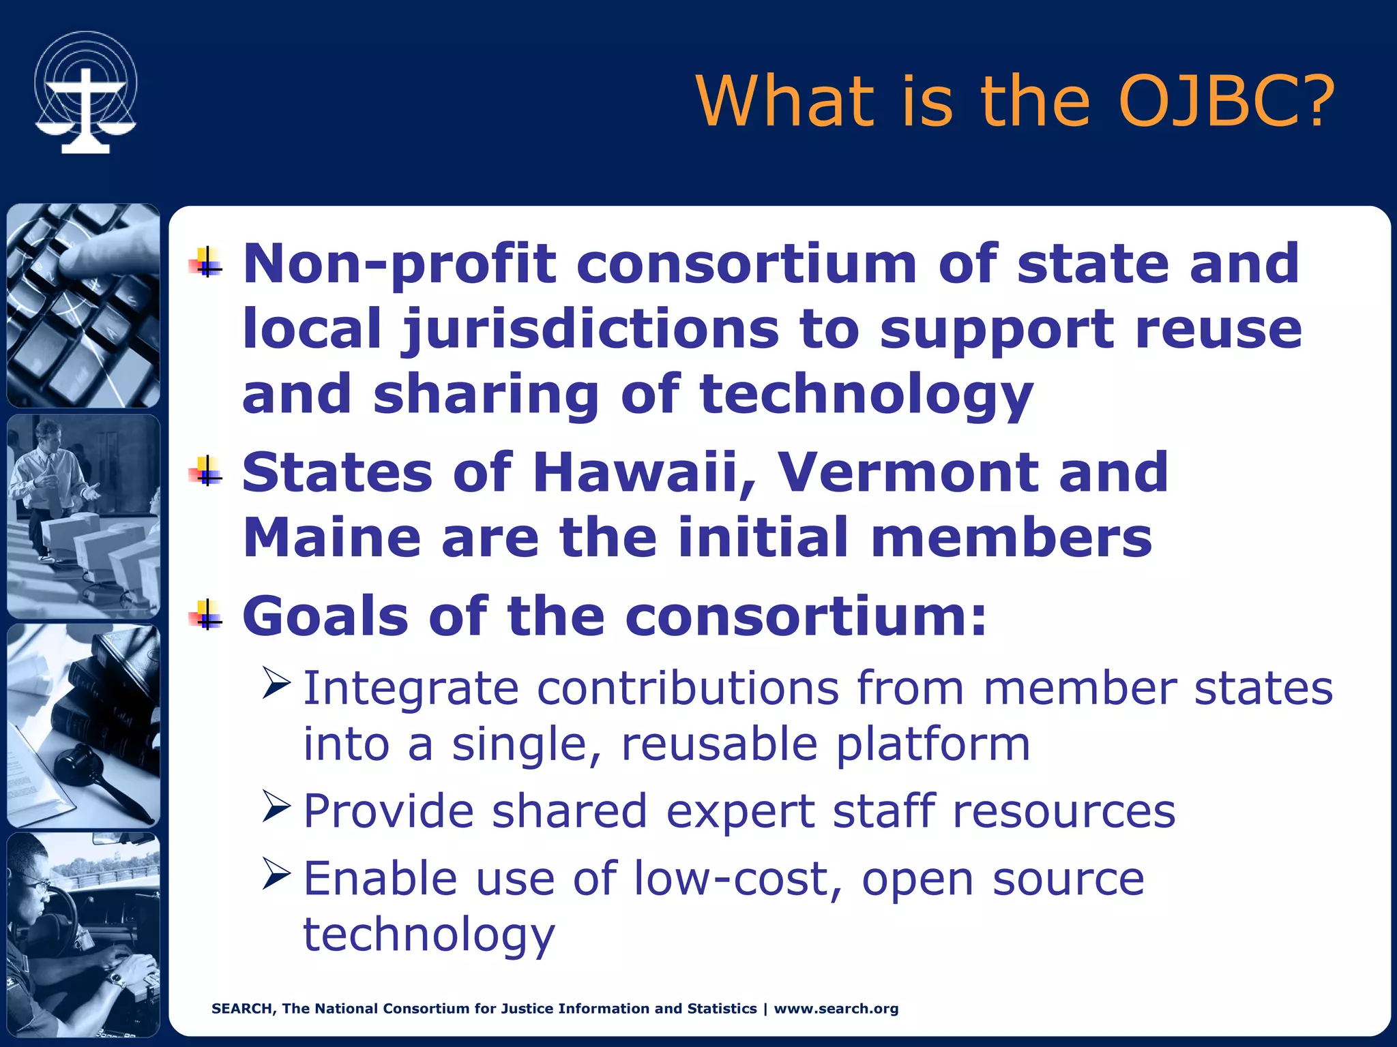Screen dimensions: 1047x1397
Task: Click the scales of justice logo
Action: pos(85,93)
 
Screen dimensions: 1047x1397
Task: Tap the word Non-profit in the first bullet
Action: pos(400,264)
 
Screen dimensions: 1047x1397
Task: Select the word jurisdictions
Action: pos(589,330)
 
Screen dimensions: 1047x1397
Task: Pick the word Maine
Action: pos(332,537)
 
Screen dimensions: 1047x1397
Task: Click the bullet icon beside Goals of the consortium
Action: pos(207,616)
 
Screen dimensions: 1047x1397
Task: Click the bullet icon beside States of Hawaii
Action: pos(207,472)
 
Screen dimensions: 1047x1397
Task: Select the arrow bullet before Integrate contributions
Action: pos(276,684)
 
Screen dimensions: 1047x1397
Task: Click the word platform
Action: pos(932,744)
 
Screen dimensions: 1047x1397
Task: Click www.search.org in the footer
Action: pos(836,1009)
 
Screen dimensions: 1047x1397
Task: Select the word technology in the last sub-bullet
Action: pos(428,935)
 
